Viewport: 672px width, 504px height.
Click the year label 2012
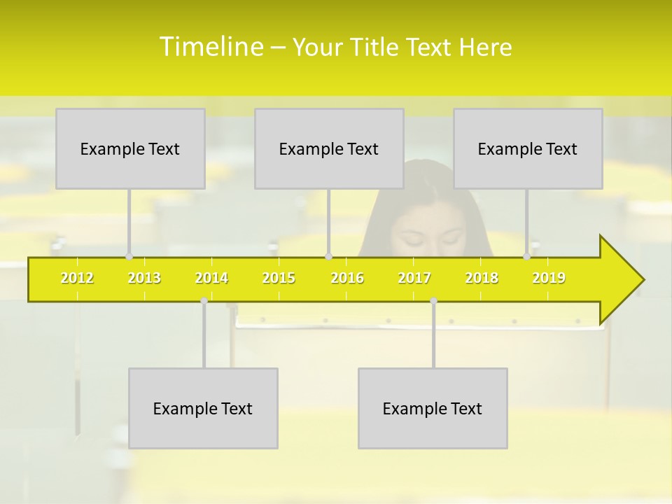coord(77,278)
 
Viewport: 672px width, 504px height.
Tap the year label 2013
coord(144,278)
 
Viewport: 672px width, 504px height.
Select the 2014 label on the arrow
coord(211,278)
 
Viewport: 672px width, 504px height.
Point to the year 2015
coord(279,278)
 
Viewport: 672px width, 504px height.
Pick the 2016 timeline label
coord(347,278)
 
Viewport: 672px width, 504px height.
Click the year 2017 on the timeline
coord(414,278)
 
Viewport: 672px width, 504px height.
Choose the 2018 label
coord(482,278)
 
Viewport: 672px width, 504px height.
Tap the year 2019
coord(549,278)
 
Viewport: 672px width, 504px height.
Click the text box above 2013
coord(130,148)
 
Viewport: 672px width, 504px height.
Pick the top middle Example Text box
coord(329,148)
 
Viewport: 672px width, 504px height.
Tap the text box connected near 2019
coord(528,148)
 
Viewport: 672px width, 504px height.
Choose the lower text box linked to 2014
coord(203,408)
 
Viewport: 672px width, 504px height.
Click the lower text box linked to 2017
coord(433,408)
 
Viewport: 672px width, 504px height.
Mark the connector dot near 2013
coord(129,257)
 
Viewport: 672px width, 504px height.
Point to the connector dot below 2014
coord(204,300)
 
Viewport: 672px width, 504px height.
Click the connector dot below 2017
coord(433,300)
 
